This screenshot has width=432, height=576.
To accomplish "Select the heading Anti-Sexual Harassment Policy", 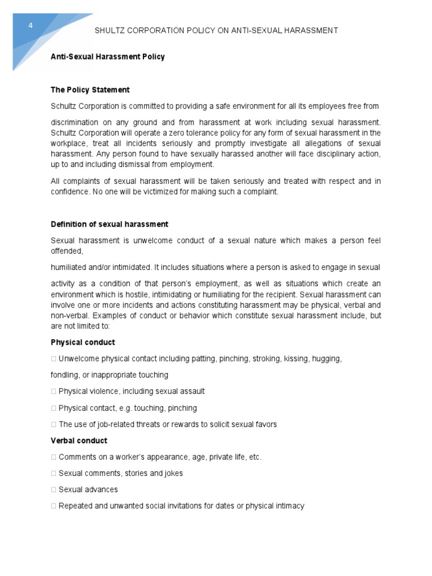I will (x=107, y=57).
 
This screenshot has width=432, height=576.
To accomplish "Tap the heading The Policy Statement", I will (x=90, y=89).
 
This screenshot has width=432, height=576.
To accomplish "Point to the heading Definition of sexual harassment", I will (x=109, y=224).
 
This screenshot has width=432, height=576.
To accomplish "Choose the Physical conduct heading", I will (x=83, y=342).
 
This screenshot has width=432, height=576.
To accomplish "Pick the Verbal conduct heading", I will (x=79, y=440).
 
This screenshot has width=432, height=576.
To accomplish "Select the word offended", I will (x=67, y=251).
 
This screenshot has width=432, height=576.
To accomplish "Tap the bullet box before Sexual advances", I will (x=53, y=489).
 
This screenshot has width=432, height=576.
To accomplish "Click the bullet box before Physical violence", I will (x=53, y=391).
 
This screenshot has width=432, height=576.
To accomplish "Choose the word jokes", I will (x=172, y=473).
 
